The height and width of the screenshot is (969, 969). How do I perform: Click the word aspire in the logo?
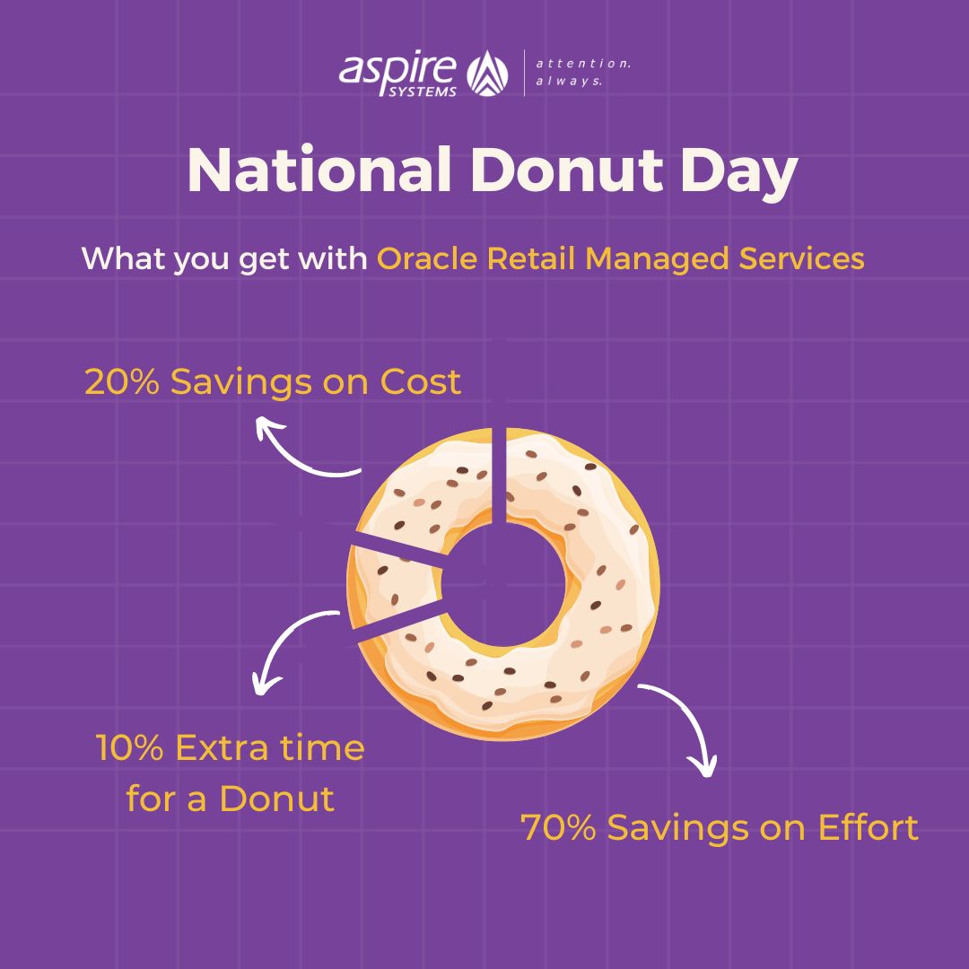[x=397, y=68]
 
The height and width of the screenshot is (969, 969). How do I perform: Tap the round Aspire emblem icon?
[x=487, y=73]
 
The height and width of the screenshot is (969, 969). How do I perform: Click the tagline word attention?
[x=583, y=64]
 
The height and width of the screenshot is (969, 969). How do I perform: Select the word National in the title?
[x=319, y=170]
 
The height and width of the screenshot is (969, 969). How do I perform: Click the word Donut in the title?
[x=567, y=170]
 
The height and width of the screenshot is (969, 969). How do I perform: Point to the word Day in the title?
[x=739, y=173]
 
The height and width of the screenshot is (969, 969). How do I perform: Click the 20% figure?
[x=122, y=381]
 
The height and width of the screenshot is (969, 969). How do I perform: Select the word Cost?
[x=420, y=381]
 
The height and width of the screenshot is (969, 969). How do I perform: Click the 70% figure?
[x=558, y=827]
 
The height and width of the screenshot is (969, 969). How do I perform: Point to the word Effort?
[x=869, y=827]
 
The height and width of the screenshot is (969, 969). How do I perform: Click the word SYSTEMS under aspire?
[x=423, y=92]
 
